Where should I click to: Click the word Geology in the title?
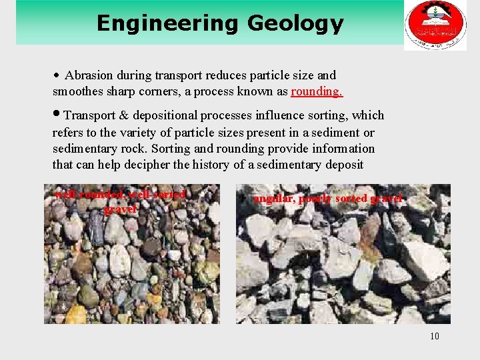tap(295, 24)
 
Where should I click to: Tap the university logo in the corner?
tap(435, 25)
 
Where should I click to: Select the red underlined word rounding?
tap(316, 91)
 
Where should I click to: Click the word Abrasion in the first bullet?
tap(89, 75)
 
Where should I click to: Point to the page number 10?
tap(435, 335)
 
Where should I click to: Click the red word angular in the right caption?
tap(274, 198)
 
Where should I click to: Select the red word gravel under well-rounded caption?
tap(120, 209)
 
